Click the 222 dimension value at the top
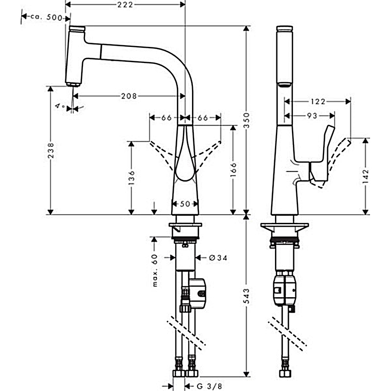125,5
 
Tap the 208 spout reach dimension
128,96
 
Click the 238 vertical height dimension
51,150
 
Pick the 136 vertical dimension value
132,177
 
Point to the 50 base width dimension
185,203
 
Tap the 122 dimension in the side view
318,101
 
